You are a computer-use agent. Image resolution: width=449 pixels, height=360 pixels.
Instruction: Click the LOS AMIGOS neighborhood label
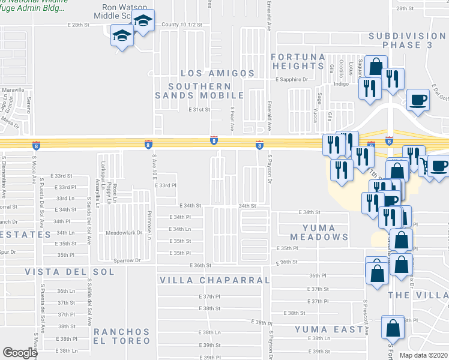click(218, 73)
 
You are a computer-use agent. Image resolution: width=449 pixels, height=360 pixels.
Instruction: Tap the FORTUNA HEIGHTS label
click(298, 61)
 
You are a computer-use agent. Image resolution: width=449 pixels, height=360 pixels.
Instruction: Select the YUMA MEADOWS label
click(318, 232)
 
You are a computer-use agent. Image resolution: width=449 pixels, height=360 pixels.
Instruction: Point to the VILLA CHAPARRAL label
click(215, 280)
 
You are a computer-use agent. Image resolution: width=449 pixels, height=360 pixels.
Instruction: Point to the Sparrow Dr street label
click(127, 260)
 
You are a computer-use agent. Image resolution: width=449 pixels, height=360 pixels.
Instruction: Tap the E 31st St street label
click(199, 110)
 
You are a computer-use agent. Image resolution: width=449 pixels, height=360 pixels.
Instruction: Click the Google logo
click(20, 353)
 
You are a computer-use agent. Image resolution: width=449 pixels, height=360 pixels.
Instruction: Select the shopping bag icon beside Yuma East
click(393, 328)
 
